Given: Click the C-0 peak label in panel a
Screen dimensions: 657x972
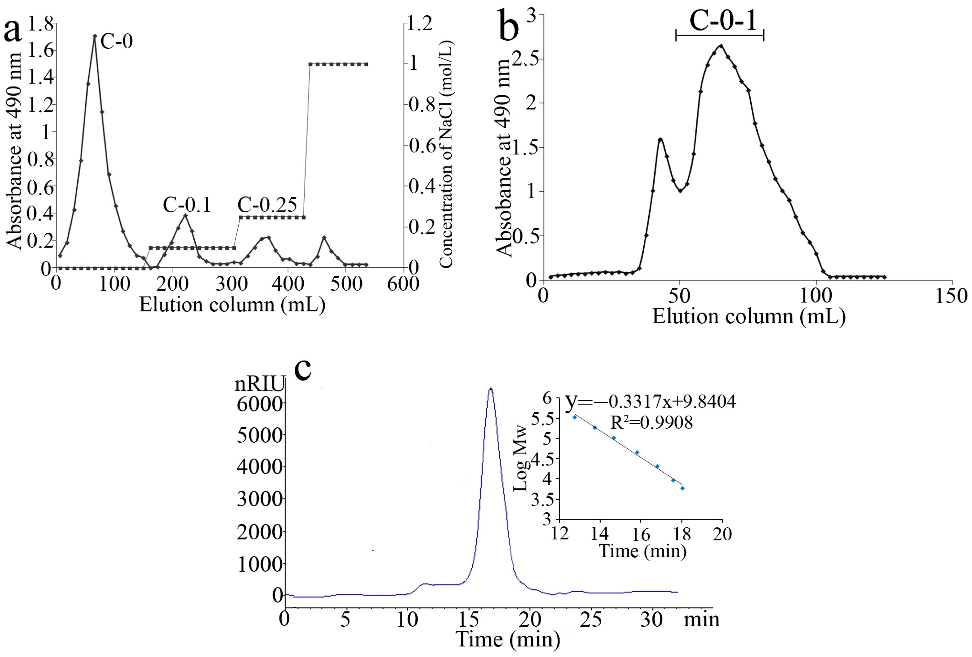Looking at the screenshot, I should pyautogui.click(x=116, y=41).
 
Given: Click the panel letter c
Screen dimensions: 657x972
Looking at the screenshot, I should pyautogui.click(x=303, y=368).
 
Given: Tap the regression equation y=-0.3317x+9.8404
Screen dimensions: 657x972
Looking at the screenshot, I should pyautogui.click(x=650, y=401).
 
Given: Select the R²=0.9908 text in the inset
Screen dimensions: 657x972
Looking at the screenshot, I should pyautogui.click(x=651, y=423).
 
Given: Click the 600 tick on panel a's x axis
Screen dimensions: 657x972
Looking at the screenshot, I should pyautogui.click(x=403, y=284).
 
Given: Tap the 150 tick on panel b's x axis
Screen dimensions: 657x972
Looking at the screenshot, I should pyautogui.click(x=952, y=296).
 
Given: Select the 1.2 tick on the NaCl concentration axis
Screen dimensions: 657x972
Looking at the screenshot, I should pyautogui.click(x=420, y=24).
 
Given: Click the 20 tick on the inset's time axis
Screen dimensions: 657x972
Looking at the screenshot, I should pyautogui.click(x=722, y=534).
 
